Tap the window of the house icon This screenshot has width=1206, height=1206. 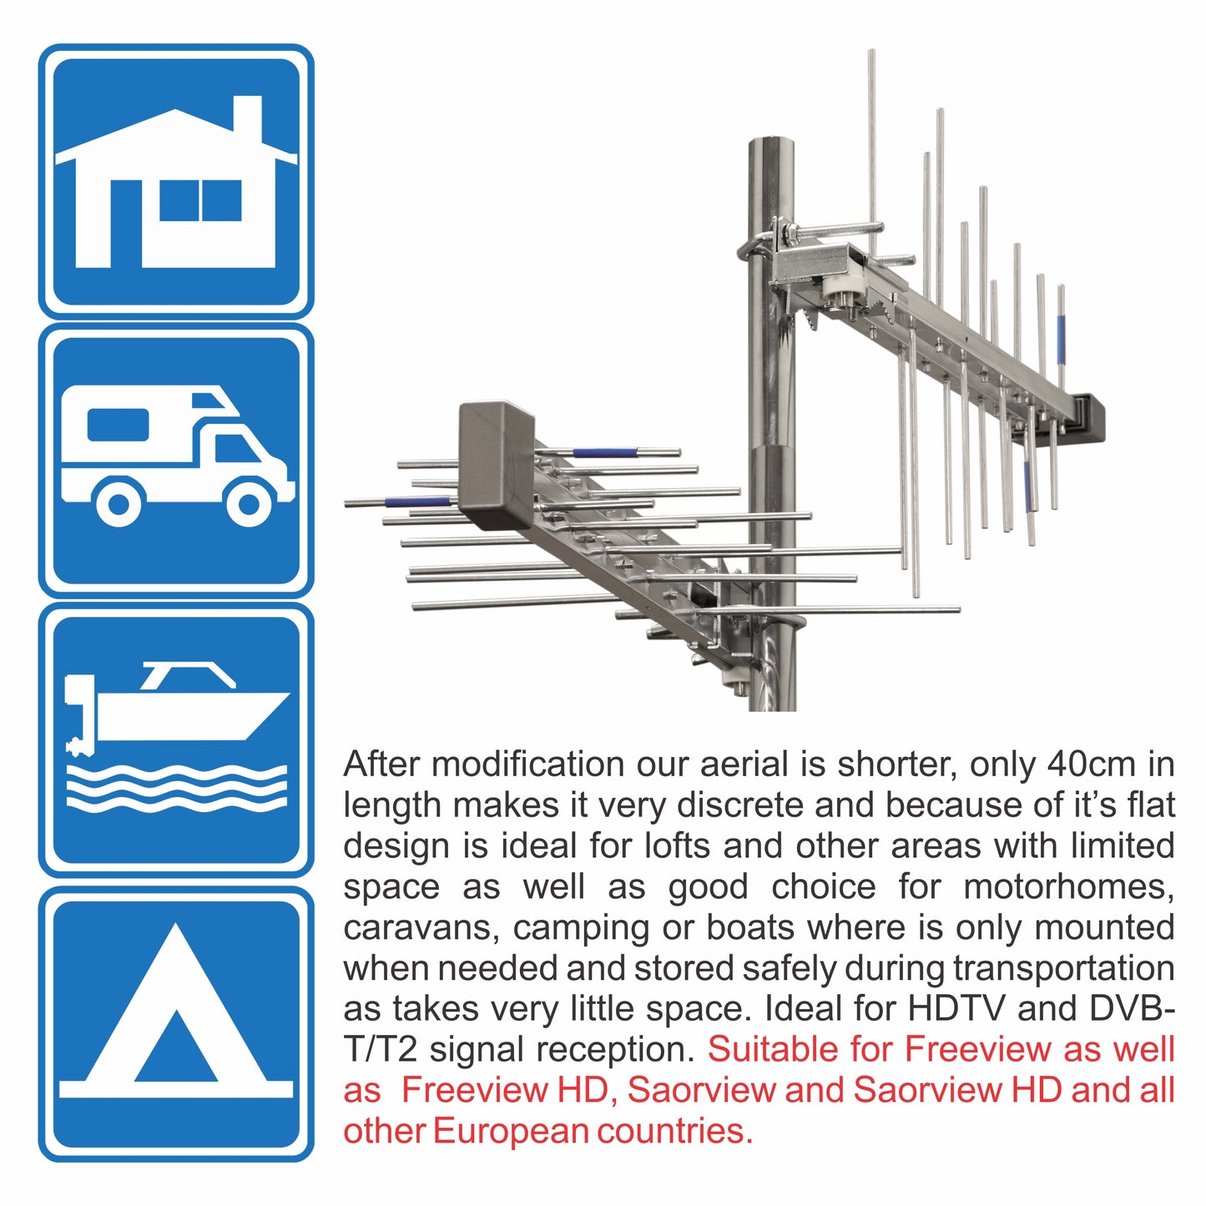[x=200, y=201]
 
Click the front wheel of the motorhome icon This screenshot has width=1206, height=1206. [x=249, y=503]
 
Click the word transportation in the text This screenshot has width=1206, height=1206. [x=1064, y=969]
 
